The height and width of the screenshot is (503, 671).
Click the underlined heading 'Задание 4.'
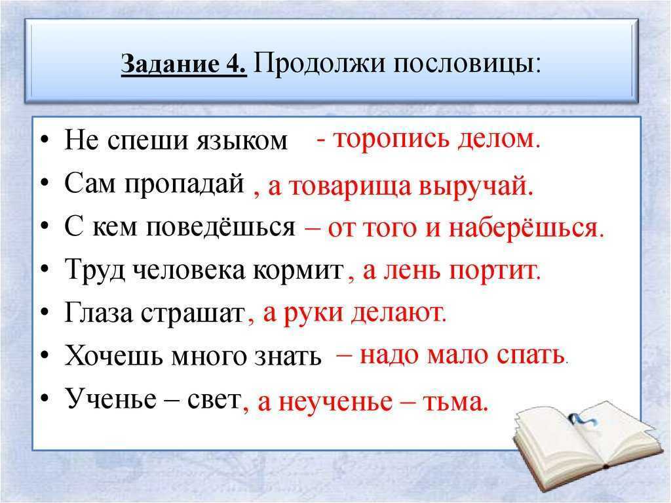184,65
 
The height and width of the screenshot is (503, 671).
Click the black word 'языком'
242,141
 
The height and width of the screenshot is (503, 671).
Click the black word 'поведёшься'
221,228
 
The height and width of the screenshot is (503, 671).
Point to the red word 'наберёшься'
526,228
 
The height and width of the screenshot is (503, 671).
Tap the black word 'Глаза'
98,313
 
